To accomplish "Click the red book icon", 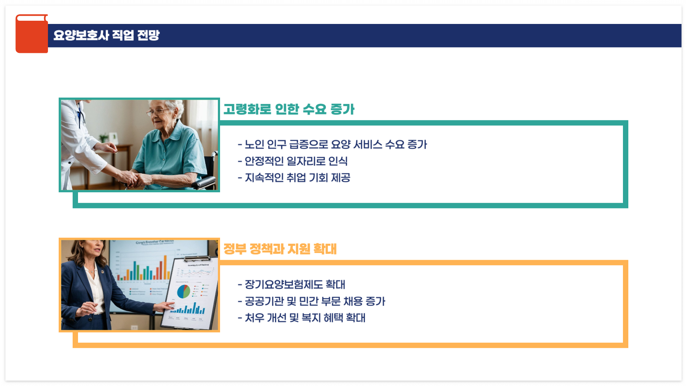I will coord(31,34).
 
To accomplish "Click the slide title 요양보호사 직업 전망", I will coord(106,35).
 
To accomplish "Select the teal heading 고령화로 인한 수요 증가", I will coord(289,109).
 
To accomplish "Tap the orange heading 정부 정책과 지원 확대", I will coord(280,249).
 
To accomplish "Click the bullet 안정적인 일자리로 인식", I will coord(293,161).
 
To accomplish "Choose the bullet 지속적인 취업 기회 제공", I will coord(294,178).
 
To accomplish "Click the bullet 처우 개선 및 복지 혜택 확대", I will coord(302,318).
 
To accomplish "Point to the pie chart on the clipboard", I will coord(184,291).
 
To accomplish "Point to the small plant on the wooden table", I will coord(104,138).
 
